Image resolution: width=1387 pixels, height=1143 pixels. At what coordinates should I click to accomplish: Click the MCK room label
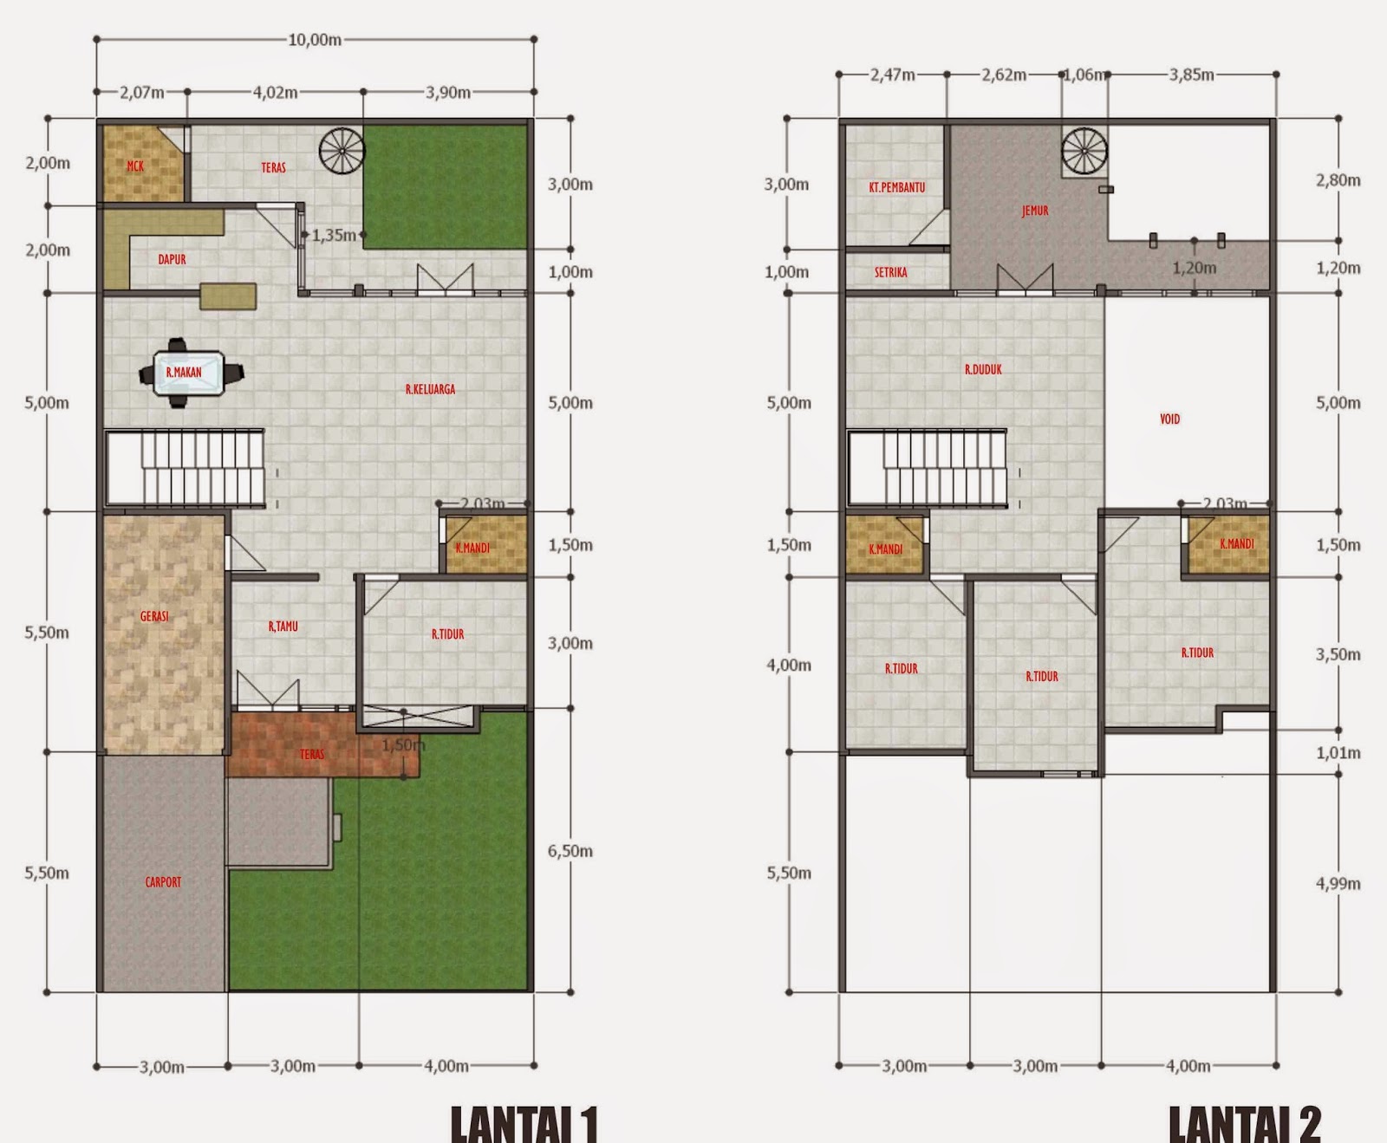pos(135,166)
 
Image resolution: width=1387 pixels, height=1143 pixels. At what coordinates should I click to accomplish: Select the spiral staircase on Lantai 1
pos(342,150)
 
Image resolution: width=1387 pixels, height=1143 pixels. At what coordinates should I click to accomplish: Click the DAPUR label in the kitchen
pos(172,259)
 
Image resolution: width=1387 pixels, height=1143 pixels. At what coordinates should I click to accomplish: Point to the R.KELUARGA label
pos(430,389)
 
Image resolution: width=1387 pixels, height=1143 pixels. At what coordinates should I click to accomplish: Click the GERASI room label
pos(154,616)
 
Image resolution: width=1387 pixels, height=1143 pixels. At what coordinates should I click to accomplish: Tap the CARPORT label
pos(163,882)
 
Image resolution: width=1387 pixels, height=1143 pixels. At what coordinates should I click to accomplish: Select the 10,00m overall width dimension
pos(314,40)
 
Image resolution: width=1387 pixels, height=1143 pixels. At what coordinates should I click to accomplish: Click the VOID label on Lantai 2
pos(1169,419)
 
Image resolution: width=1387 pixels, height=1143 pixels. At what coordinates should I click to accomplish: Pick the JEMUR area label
pos(1034,211)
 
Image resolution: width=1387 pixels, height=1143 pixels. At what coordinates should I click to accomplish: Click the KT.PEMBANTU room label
pos(896,187)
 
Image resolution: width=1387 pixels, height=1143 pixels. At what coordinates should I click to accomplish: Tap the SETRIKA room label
pos(890,272)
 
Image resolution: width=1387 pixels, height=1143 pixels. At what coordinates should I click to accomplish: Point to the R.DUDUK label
pos(983,369)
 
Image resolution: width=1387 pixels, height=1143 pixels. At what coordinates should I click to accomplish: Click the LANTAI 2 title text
pos(1244,1124)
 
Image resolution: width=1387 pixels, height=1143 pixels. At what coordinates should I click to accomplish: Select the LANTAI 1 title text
pos(524,1124)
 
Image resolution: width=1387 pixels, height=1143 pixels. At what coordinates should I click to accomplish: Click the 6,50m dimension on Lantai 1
pos(570,851)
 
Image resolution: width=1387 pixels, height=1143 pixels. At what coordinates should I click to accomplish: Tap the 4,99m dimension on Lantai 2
pos(1338,885)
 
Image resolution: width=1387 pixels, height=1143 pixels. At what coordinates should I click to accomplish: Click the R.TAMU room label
pos(283,626)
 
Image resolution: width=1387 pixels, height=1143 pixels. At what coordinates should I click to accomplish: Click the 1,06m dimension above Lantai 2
pos(1084,75)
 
